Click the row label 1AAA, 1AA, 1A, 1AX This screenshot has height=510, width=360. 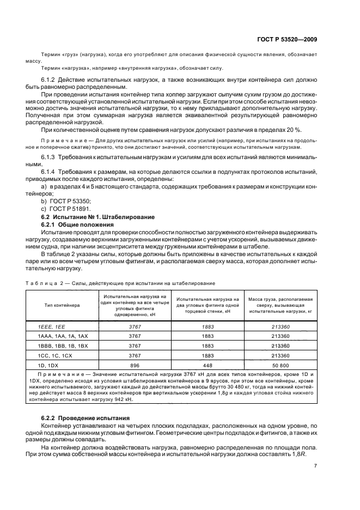click(59, 336)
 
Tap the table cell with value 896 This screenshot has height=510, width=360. click(135, 366)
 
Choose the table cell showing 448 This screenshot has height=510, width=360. click(208, 366)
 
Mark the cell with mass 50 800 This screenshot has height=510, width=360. click(280, 366)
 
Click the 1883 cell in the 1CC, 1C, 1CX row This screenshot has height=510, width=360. click(208, 355)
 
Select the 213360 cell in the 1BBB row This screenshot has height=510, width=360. click(280, 345)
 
